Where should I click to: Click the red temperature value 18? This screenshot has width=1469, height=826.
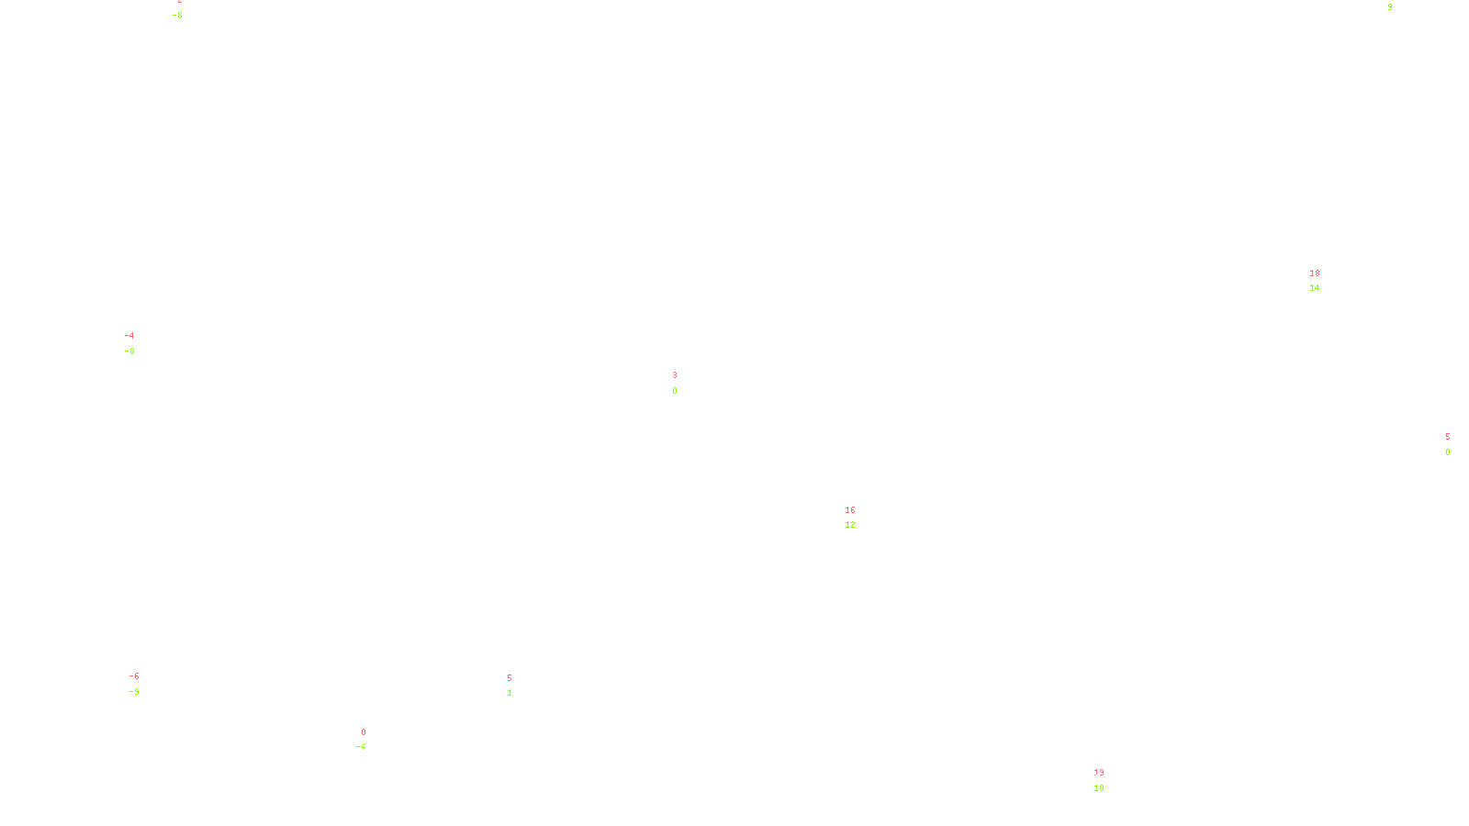1315,273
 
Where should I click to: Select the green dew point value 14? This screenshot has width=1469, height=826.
1315,288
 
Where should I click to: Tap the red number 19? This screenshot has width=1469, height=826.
1099,773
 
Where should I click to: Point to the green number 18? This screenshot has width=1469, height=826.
1099,788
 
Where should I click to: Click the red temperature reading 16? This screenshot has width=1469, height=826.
850,510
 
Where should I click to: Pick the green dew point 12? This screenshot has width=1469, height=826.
850,525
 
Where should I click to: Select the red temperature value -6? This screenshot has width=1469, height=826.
134,676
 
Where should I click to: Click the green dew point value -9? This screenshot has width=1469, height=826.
134,692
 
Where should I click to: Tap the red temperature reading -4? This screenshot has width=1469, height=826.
129,336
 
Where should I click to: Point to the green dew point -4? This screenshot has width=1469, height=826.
362,747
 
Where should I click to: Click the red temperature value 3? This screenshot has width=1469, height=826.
675,375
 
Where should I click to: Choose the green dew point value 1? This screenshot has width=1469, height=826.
510,693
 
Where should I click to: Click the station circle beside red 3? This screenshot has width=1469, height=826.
680,383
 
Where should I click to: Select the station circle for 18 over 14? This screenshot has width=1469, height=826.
1324,281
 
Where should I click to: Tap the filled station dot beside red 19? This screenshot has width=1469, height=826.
1107,780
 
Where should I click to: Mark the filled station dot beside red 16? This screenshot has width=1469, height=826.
858,518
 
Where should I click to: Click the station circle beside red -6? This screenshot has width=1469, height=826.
143,685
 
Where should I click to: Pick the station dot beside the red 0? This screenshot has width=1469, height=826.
369,740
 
